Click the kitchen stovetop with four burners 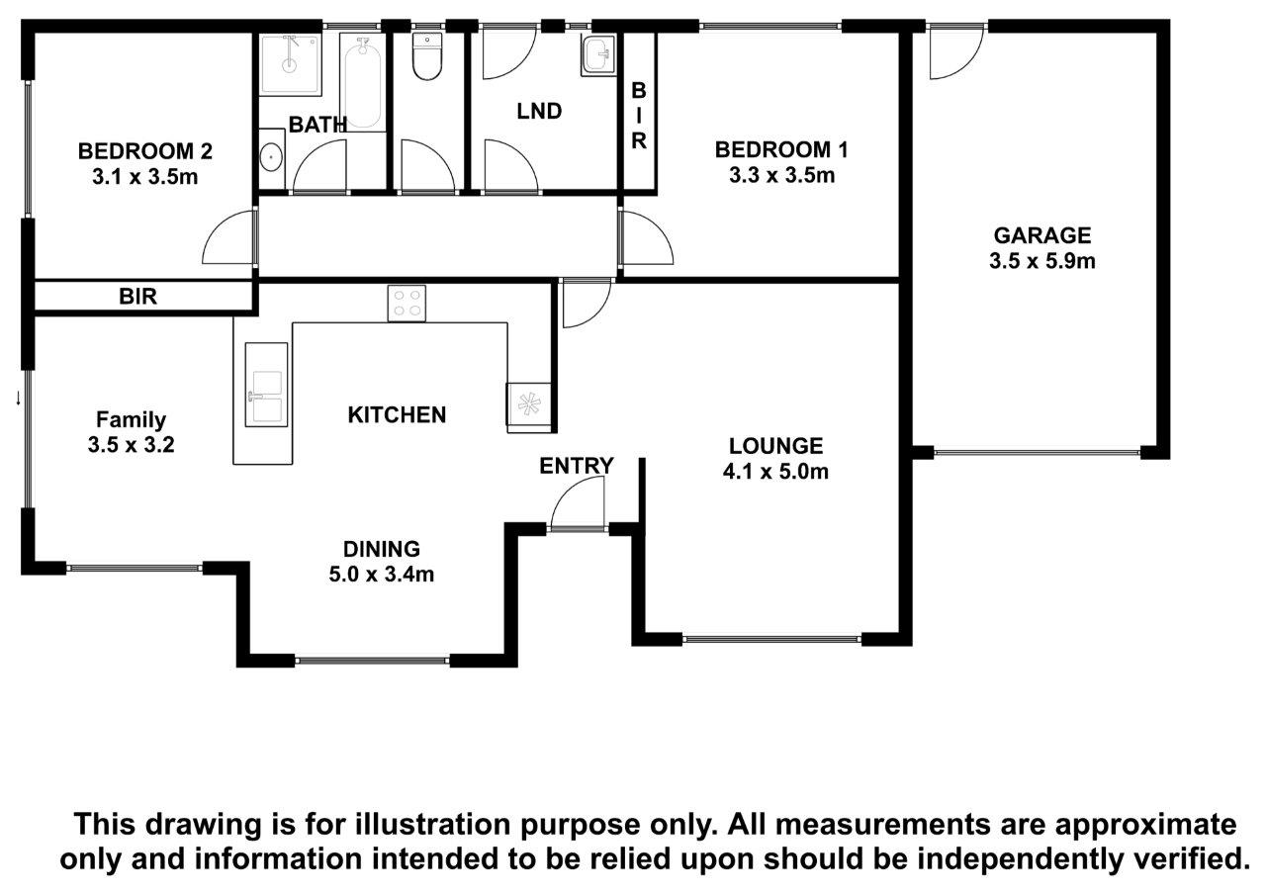[407, 304]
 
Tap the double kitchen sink [266, 385]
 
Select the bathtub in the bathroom [362, 82]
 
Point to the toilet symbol [427, 56]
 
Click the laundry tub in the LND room [598, 55]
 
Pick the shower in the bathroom [291, 64]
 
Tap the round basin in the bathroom [272, 157]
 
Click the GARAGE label [1042, 235]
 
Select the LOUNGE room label [775, 446]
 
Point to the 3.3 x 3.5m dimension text [781, 175]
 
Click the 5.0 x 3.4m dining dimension [382, 574]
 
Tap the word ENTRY [576, 466]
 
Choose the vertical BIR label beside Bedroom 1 [639, 116]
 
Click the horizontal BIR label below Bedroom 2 [137, 296]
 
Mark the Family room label [131, 420]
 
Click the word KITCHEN [397, 414]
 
